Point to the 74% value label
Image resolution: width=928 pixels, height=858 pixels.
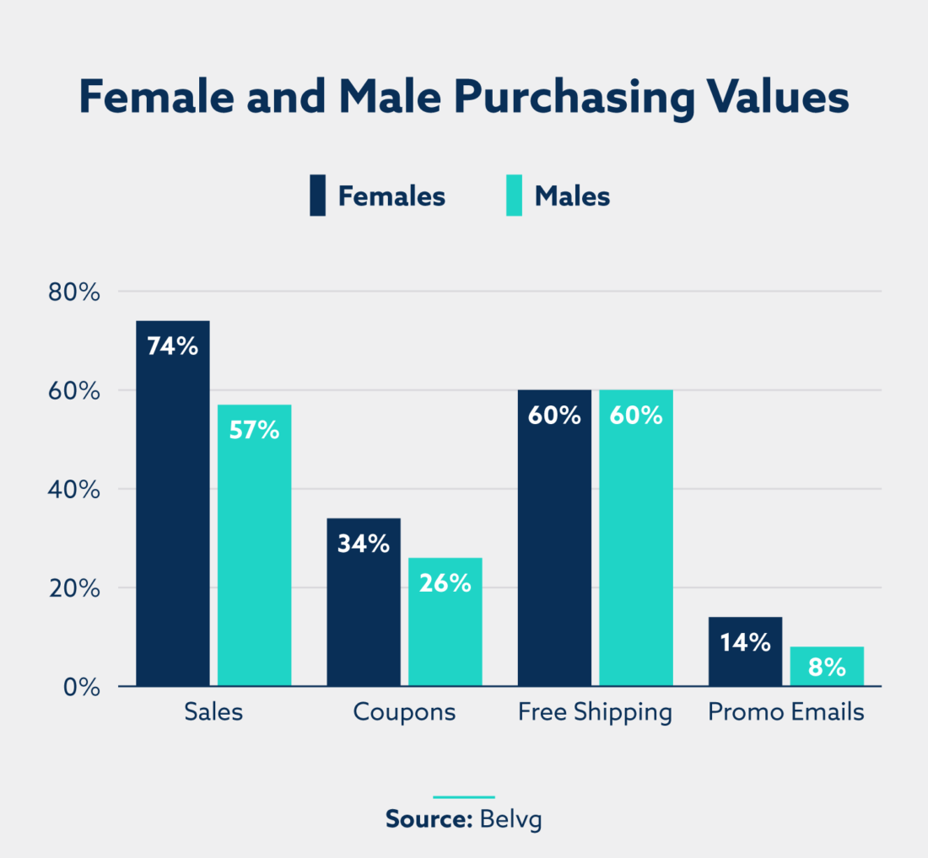coord(173,346)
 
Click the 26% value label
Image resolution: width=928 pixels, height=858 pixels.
coord(445,582)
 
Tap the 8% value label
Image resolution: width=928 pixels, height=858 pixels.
coord(827,668)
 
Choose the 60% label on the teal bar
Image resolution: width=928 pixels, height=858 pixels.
coord(636,416)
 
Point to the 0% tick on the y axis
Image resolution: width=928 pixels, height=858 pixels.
coord(83,687)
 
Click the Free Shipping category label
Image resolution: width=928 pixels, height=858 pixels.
coord(595,712)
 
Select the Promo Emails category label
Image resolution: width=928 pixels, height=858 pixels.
coord(786,712)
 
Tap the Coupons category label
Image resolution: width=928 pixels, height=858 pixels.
coord(404,712)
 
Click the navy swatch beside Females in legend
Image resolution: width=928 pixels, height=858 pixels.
coord(317,196)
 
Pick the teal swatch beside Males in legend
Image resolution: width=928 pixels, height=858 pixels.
coord(514,196)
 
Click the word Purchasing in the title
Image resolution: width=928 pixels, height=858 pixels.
coord(569,99)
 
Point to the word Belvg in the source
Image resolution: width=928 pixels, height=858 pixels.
coord(510,819)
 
